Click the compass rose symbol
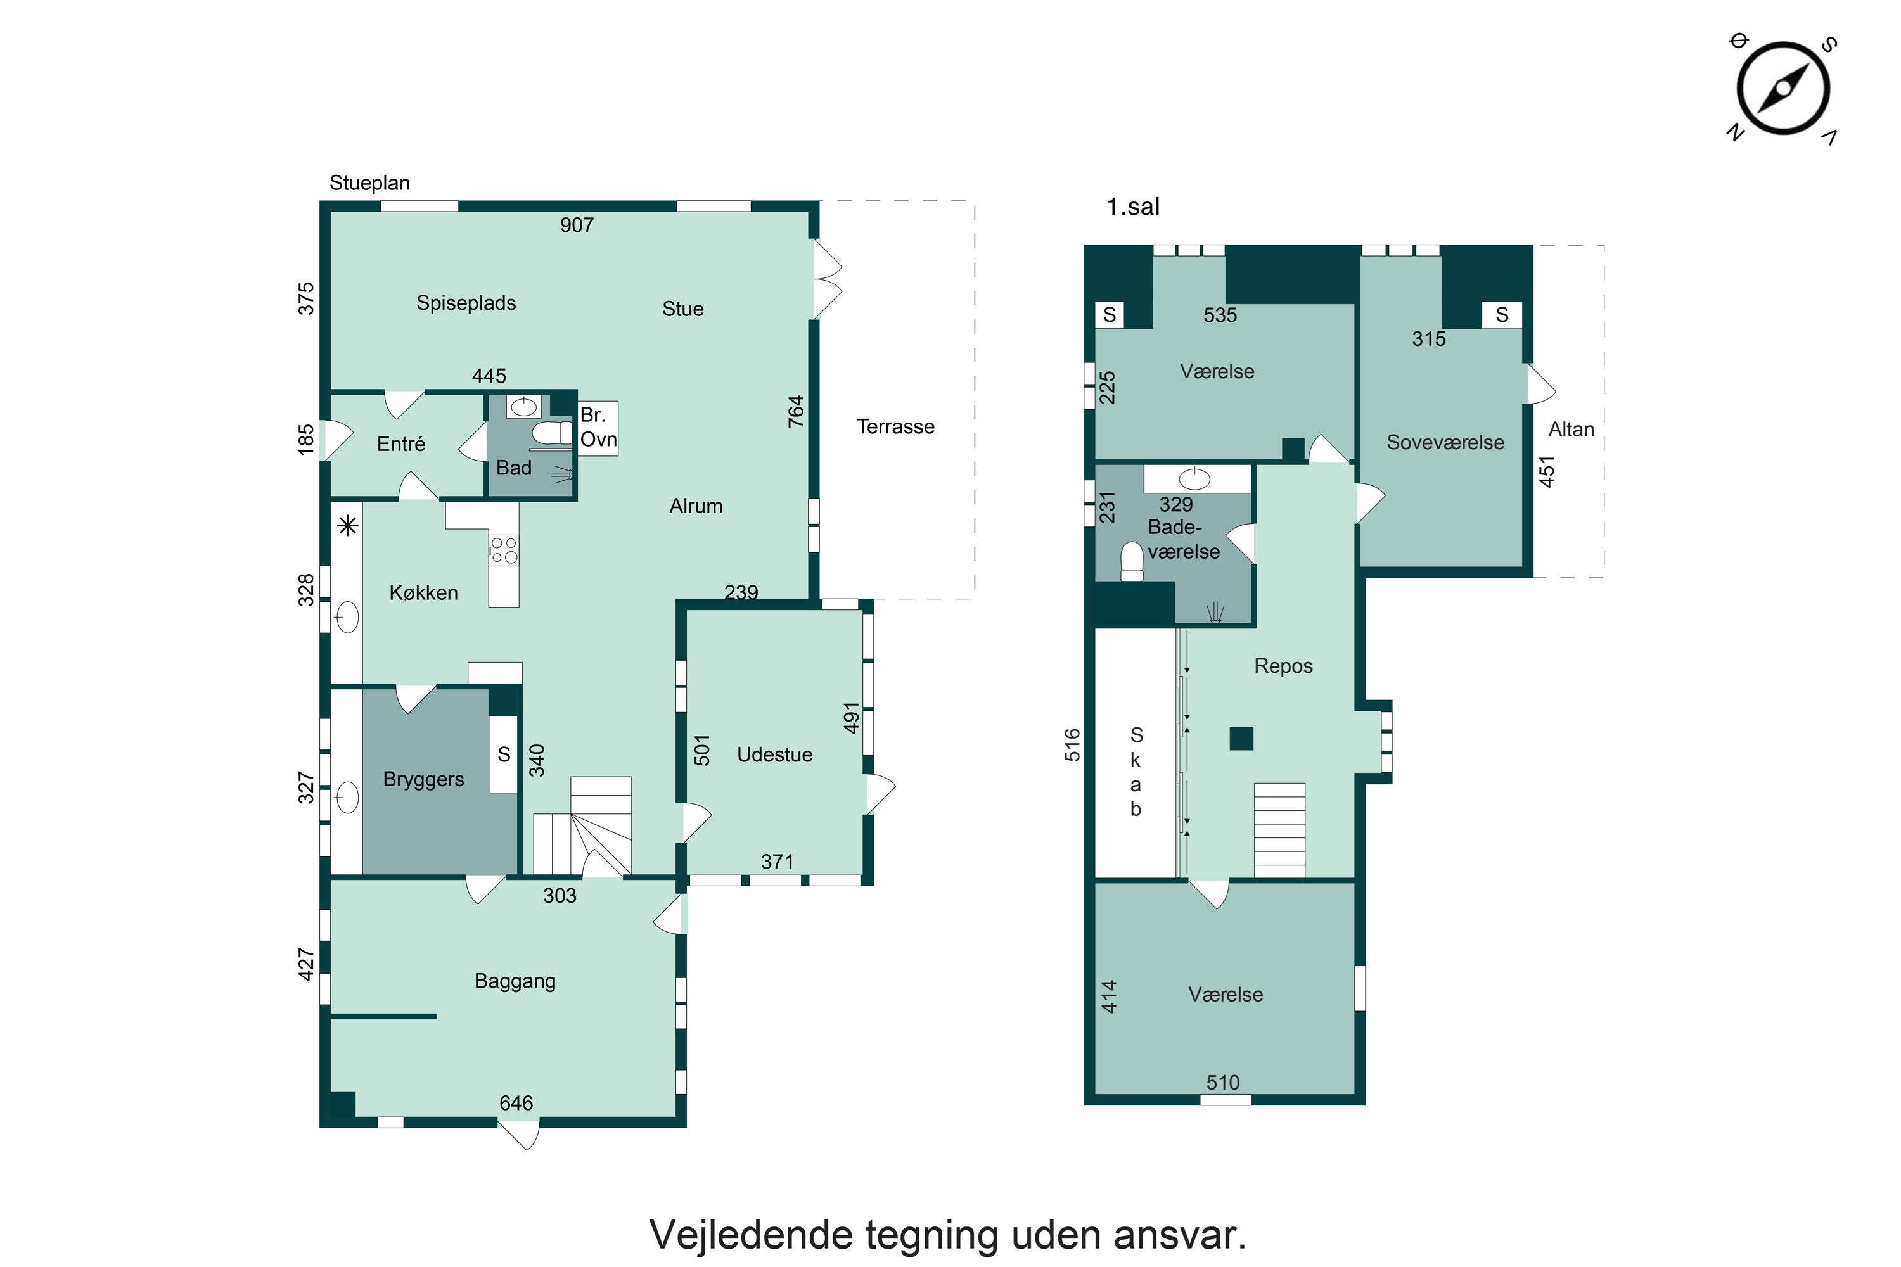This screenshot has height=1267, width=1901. coord(1783,88)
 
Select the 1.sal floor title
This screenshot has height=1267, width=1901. coord(1132,207)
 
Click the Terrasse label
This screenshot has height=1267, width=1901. coord(895,426)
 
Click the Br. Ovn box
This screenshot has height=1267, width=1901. coord(598,428)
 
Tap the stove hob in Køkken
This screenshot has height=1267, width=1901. coord(504,551)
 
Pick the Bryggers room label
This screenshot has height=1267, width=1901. coord(423,780)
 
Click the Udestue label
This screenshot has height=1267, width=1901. coord(774,754)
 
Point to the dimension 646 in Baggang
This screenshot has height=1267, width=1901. coord(516,1103)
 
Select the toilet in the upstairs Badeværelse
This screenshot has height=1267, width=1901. coord(1132,561)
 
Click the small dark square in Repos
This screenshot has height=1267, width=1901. coord(1241,739)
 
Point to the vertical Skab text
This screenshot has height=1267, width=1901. coord(1136,772)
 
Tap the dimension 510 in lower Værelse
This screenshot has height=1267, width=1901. coord(1222,1083)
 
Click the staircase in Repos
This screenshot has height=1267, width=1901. coord(1279,830)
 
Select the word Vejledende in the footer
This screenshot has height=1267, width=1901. coord(751,1235)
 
